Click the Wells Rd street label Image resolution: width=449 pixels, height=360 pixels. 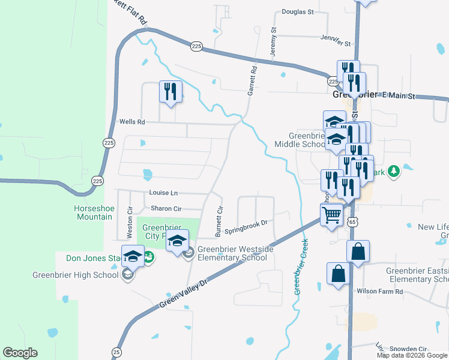pos(132,122)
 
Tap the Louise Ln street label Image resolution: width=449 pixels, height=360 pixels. pos(164,193)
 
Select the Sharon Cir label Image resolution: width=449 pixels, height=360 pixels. pos(166,208)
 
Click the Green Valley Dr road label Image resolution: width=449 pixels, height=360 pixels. pos(184,294)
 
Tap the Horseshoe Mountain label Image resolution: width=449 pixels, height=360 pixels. pos(92,212)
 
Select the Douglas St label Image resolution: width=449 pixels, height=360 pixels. pos(298,11)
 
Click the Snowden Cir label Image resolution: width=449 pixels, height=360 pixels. pos(408,349)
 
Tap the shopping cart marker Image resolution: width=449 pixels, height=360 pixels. pos(332,214)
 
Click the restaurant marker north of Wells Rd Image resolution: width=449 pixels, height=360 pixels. pos(170,92)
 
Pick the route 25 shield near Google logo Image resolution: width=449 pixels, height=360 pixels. pos(116,352)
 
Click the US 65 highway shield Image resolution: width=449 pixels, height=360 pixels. pos(352,221)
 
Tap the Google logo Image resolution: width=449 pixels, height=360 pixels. pos(20,353)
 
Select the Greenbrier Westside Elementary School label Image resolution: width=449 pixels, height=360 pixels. pos(232,253)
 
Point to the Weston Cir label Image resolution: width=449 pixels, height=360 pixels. pos(130,223)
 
